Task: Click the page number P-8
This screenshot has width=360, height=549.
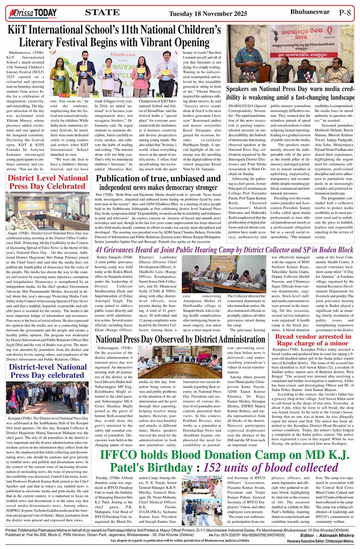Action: [x=344, y=13]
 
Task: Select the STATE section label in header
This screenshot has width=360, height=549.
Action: [x=102, y=13]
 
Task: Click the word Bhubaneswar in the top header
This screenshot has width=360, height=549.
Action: [x=310, y=12]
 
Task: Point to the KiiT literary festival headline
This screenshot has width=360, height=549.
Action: [x=114, y=36]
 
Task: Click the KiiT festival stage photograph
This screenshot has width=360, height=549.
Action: [x=114, y=73]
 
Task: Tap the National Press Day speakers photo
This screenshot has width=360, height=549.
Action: [x=290, y=54]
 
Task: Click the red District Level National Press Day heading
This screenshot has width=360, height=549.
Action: [x=48, y=182]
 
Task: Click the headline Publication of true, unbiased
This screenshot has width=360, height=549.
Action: [x=158, y=182]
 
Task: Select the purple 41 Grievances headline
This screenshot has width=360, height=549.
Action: [x=224, y=250]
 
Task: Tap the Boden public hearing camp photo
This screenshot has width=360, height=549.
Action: [x=224, y=274]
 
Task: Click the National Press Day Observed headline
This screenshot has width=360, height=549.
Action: [x=180, y=339]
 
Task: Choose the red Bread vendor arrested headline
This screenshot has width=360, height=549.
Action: [x=313, y=340]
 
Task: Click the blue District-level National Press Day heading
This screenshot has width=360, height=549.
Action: [x=48, y=371]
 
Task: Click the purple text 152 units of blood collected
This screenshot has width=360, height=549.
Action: [x=270, y=467]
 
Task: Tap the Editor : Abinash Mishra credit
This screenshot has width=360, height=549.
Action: [x=327, y=535]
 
